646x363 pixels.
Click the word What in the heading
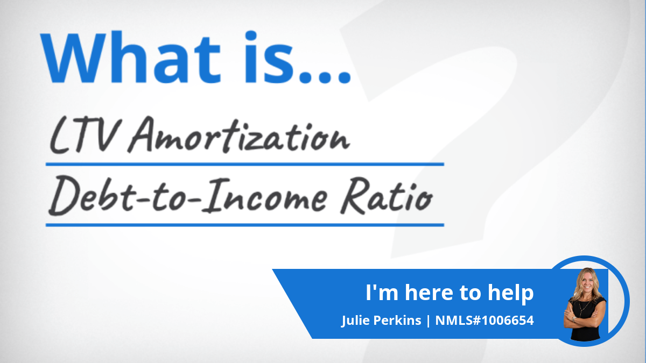click(x=130, y=58)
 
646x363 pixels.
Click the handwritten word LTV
click(x=83, y=135)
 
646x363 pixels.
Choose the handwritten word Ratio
click(x=387, y=196)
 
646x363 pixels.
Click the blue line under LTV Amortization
click(x=245, y=164)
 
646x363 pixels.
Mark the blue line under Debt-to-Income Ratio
click(x=245, y=225)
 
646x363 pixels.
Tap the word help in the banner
click(x=510, y=293)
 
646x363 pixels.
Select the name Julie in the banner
click(x=355, y=321)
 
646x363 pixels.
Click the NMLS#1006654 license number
click(x=484, y=321)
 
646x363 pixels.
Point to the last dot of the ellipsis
click(x=344, y=77)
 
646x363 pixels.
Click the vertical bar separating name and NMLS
click(x=428, y=321)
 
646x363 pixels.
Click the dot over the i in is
click(x=251, y=35)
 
